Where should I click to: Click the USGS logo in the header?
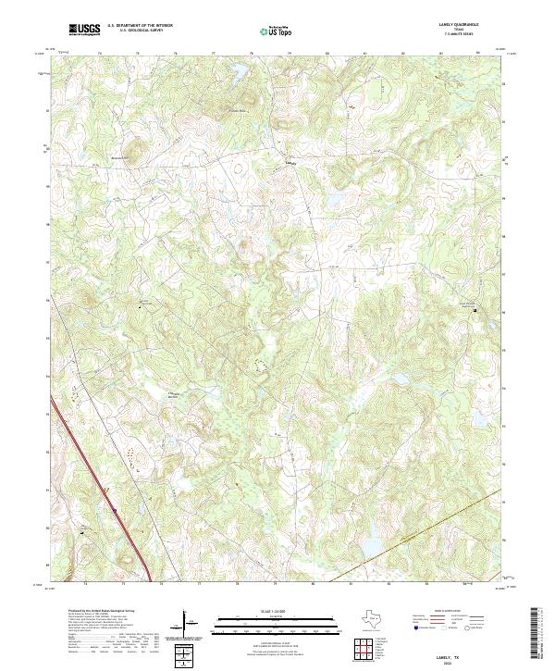point(84,31)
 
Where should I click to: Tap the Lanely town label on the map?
point(291,162)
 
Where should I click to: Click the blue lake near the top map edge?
point(239,69)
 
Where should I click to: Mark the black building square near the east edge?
point(478,310)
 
